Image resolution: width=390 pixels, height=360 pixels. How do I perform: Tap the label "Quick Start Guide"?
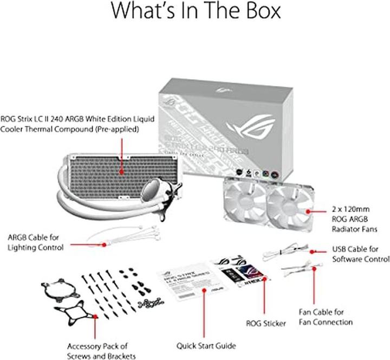[x=206, y=345]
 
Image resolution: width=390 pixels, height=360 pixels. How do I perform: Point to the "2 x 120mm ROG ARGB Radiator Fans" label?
[x=354, y=218]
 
